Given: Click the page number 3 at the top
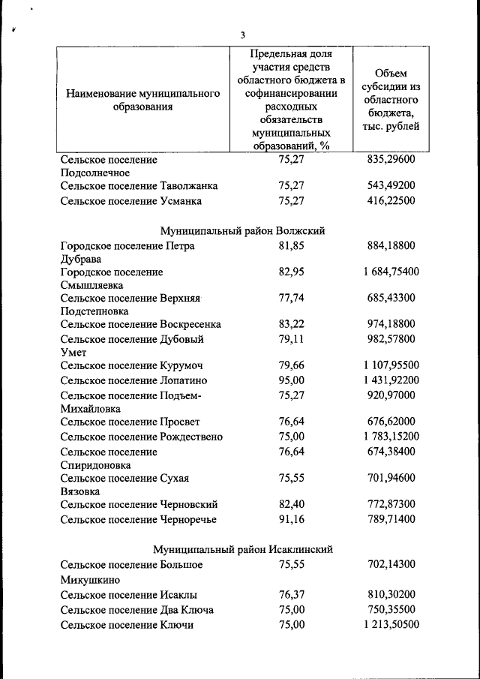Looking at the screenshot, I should tap(242, 35).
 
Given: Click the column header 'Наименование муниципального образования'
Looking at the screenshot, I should tap(142, 100).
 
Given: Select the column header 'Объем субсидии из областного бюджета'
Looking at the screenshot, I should tap(389, 100).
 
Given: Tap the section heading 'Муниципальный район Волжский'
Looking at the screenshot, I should tap(242, 230).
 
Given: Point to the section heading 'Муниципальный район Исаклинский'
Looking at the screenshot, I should tap(242, 549).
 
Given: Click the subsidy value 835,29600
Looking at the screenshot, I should tap(389, 159).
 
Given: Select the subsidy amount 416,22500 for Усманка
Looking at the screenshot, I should tap(389, 201).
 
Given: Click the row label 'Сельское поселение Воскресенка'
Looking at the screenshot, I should tap(140, 324).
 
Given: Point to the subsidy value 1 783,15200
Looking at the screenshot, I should tap(389, 437).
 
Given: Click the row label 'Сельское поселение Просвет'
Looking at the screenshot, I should tap(130, 422).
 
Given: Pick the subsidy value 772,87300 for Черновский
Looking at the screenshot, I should tap(389, 504).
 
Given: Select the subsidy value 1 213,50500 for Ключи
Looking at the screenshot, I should tap(389, 624).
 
